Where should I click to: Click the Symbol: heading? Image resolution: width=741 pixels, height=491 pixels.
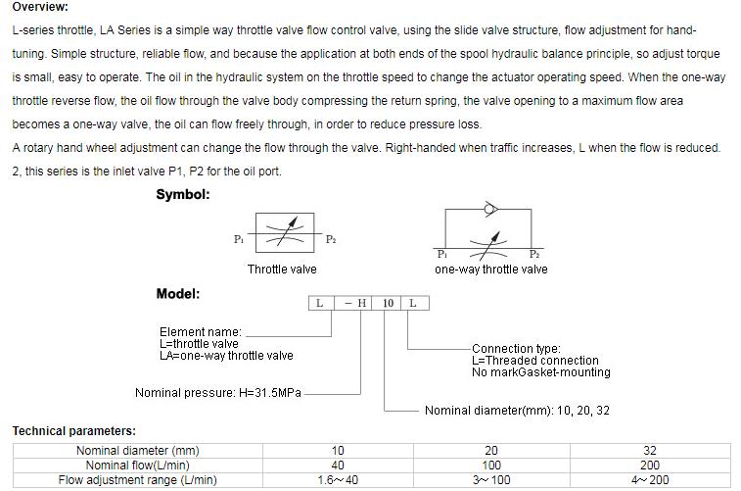[183, 194]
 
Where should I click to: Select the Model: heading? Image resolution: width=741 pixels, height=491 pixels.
[178, 293]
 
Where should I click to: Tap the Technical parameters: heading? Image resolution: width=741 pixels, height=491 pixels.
[74, 431]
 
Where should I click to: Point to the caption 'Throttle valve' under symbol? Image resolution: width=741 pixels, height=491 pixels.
[282, 269]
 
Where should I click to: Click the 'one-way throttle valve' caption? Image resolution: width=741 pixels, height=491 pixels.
[490, 269]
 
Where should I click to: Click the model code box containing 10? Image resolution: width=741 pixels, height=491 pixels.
[389, 303]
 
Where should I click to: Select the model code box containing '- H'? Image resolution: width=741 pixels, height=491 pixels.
[354, 303]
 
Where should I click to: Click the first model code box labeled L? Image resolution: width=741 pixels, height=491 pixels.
[320, 303]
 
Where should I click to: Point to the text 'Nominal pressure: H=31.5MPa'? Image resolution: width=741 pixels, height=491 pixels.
[218, 393]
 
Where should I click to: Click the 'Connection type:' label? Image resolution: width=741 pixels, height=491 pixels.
[516, 348]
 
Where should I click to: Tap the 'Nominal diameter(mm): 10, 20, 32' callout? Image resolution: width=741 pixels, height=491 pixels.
[517, 411]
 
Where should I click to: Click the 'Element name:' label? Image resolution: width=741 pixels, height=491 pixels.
[200, 332]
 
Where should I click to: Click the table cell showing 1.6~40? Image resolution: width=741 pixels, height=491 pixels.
[338, 480]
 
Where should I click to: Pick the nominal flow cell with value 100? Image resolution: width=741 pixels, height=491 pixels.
[491, 466]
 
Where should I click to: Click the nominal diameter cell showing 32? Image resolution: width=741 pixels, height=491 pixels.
[650, 451]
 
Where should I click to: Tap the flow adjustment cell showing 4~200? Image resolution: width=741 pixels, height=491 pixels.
[650, 480]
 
